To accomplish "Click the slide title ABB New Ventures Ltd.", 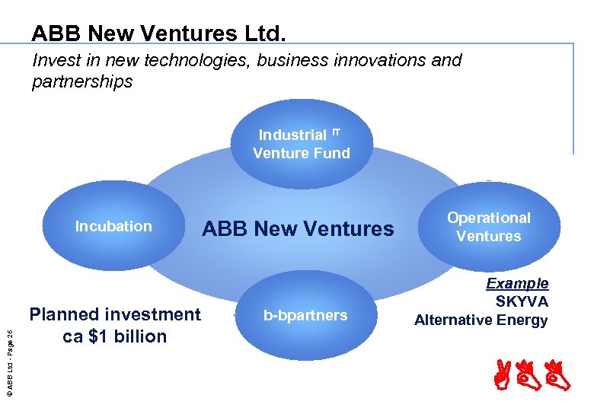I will pos(159,33).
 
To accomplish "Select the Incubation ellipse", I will pos(114,225).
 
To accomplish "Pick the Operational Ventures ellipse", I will pos(488,226).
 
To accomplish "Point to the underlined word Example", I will pos(517,284).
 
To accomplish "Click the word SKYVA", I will pos(522,301).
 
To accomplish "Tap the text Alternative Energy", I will pos(481,320).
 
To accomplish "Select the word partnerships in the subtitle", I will pos(82,81).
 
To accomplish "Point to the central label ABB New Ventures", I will pos(298,228).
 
